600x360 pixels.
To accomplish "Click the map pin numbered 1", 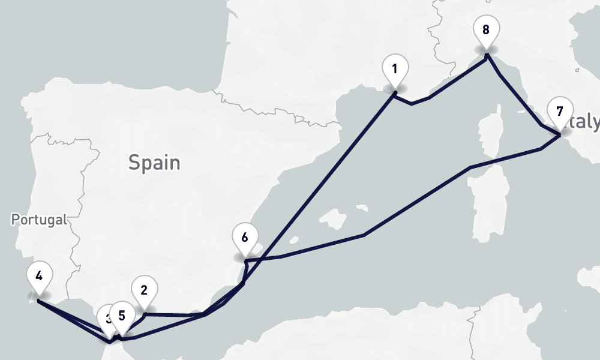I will coord(394,70).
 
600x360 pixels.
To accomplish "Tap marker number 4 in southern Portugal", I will coord(39,277).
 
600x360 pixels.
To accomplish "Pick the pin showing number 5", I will coord(122,316).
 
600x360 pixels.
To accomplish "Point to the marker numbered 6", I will coord(244,237).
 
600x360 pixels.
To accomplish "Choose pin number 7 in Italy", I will coord(560,112).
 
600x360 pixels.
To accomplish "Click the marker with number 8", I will coord(485,29).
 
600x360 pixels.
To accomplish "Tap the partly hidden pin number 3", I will coord(105,317).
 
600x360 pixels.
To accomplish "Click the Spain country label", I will coord(154,162).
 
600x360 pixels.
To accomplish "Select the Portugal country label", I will coord(39,220).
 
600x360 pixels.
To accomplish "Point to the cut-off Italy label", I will coord(584,122).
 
